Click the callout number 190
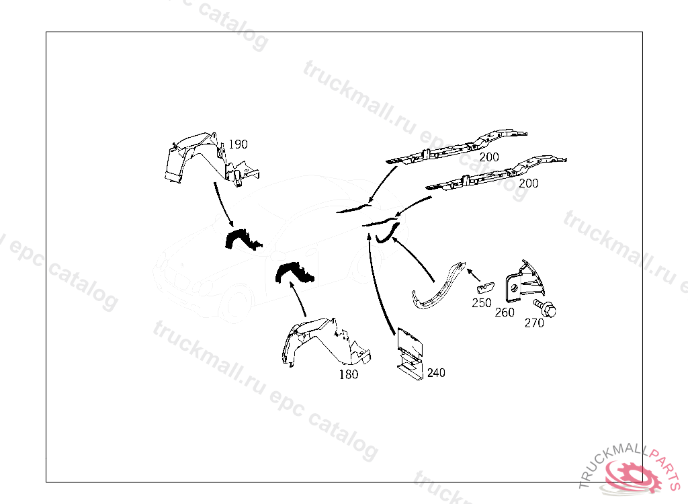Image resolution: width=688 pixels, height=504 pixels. point(238,144)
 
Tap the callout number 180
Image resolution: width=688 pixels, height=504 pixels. point(349,374)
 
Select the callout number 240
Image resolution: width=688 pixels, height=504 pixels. point(436,373)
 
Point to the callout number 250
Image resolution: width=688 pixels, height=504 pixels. point(481,303)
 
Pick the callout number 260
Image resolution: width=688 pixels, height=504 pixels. point(505,312)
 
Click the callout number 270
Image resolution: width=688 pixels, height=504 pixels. point(534,323)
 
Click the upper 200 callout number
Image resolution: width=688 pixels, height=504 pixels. point(489,157)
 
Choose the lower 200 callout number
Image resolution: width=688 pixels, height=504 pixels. point(528,183)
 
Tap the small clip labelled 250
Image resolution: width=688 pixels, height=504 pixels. point(485,287)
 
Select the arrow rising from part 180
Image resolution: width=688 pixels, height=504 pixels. point(298,299)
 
